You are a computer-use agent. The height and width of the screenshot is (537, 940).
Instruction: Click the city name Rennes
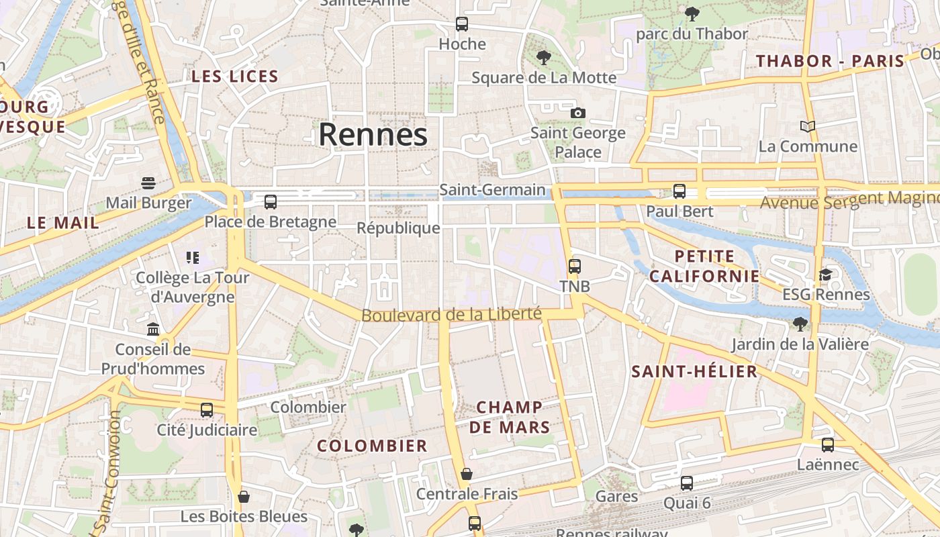373,134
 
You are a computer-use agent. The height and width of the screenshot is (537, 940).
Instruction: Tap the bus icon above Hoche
462,24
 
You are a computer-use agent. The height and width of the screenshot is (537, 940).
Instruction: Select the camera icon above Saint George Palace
577,113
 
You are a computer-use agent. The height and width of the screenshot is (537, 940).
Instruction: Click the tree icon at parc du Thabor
692,13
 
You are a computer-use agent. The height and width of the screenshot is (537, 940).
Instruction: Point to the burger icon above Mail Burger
148,183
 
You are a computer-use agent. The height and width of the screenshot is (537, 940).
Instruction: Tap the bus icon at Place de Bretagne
271,201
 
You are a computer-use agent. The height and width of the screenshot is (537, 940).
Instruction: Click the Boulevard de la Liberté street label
451,314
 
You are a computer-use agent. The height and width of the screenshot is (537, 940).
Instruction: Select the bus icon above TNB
575,266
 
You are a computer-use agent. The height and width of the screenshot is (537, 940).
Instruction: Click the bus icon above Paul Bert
679,191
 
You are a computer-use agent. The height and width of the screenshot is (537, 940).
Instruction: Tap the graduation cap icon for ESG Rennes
825,275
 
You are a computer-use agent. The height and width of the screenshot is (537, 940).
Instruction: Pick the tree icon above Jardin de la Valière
799,324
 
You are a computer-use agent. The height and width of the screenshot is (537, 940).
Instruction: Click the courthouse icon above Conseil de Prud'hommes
153,330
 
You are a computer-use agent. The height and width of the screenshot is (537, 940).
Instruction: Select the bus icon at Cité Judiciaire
207,409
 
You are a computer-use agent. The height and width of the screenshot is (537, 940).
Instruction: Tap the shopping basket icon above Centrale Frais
467,474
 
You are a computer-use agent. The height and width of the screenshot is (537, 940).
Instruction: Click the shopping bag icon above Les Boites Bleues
244,497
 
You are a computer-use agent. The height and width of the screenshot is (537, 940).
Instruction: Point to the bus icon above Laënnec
828,444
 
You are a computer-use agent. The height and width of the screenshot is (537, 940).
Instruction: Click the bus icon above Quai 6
686,483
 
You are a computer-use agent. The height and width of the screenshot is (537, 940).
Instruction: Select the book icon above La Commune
808,126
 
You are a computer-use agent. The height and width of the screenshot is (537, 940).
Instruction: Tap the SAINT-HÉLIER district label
694,371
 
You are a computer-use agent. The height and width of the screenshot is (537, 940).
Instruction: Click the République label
398,228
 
